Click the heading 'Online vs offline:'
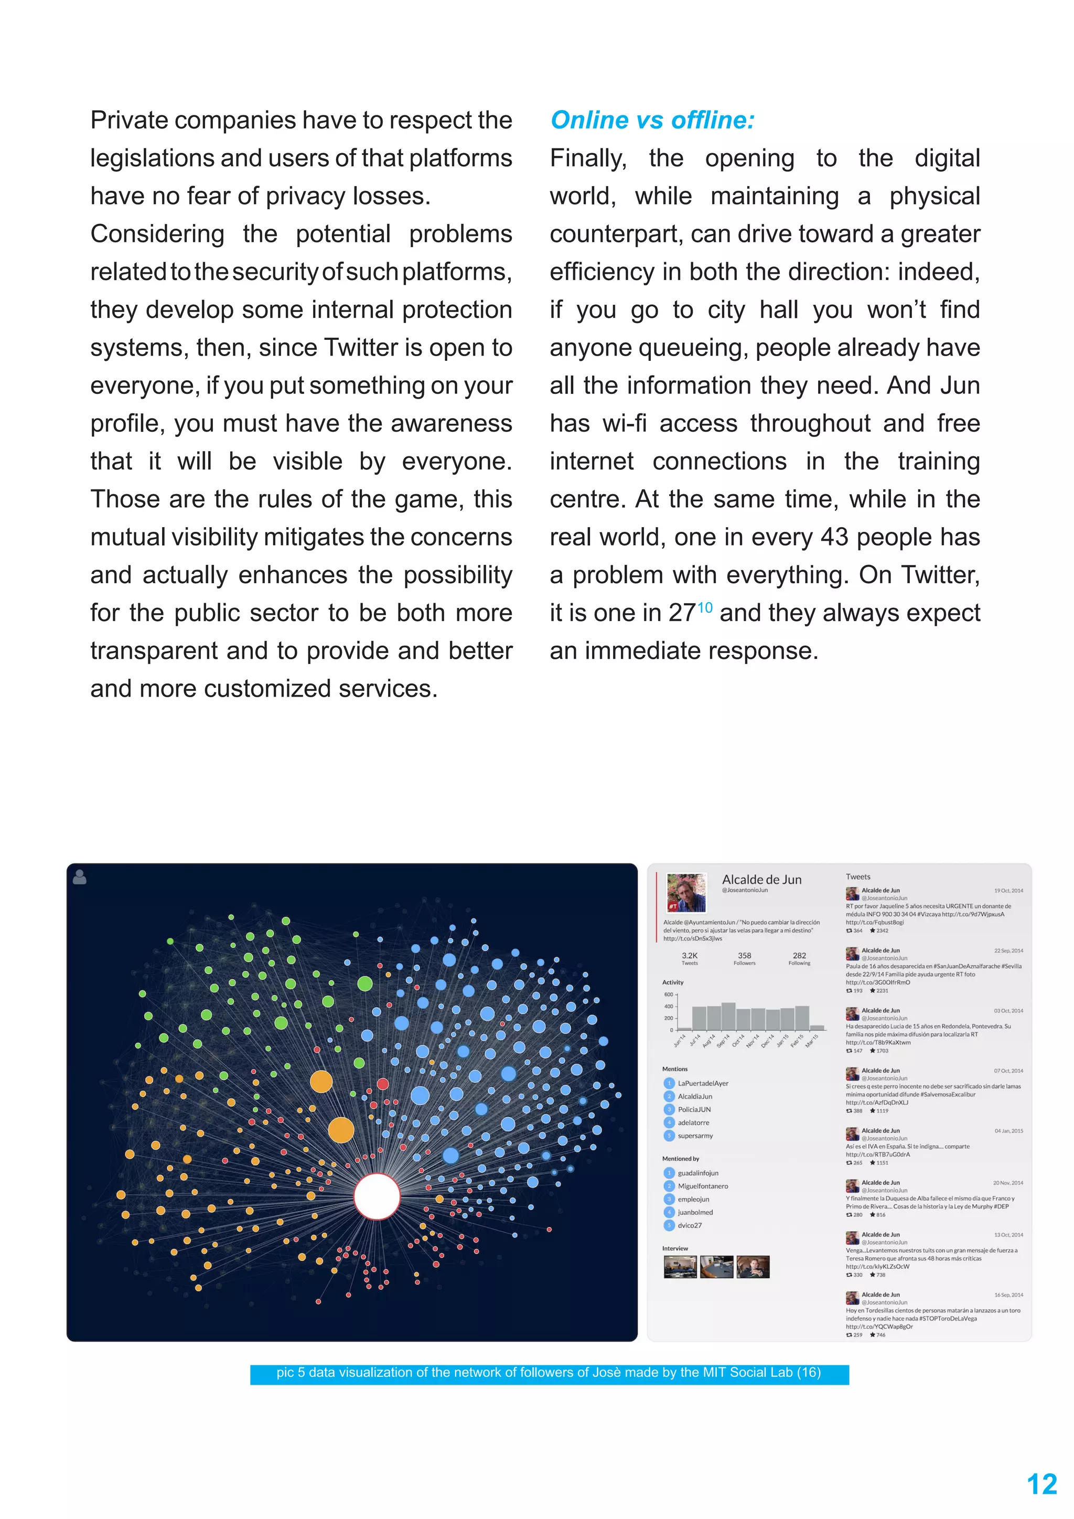pos(652,121)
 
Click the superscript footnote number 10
pos(705,607)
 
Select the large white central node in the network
pos(377,1196)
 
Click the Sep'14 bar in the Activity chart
pos(728,1016)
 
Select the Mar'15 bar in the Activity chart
pos(818,1028)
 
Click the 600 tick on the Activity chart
pos(668,994)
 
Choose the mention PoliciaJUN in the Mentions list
pos(694,1109)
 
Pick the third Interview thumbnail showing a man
pos(753,1266)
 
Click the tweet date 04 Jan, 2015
pos(1008,1131)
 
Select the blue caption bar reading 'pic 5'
pos(549,1373)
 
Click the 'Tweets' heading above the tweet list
pos(858,876)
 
